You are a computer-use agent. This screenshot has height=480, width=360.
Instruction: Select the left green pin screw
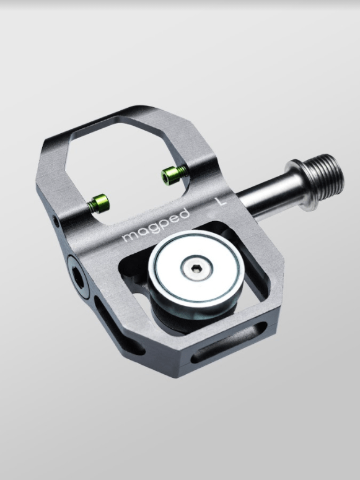click(97, 201)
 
